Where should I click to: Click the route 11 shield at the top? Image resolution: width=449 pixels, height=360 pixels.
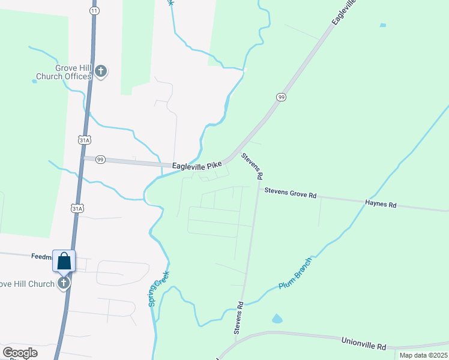94,11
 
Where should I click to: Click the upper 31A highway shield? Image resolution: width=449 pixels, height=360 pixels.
84,140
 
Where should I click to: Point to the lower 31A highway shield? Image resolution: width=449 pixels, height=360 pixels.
76,209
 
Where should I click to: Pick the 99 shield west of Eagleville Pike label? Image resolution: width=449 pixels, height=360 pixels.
100,159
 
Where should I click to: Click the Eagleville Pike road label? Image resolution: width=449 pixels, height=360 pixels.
197,165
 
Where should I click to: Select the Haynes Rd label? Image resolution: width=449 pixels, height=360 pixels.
381,204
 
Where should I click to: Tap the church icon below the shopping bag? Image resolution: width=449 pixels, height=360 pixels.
64,283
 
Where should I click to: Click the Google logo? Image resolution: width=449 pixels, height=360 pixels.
20,353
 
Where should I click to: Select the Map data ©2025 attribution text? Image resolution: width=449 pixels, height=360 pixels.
423,355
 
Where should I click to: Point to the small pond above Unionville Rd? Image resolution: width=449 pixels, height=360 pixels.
277,319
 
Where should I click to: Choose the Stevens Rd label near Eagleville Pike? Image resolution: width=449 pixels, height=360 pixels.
252,167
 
